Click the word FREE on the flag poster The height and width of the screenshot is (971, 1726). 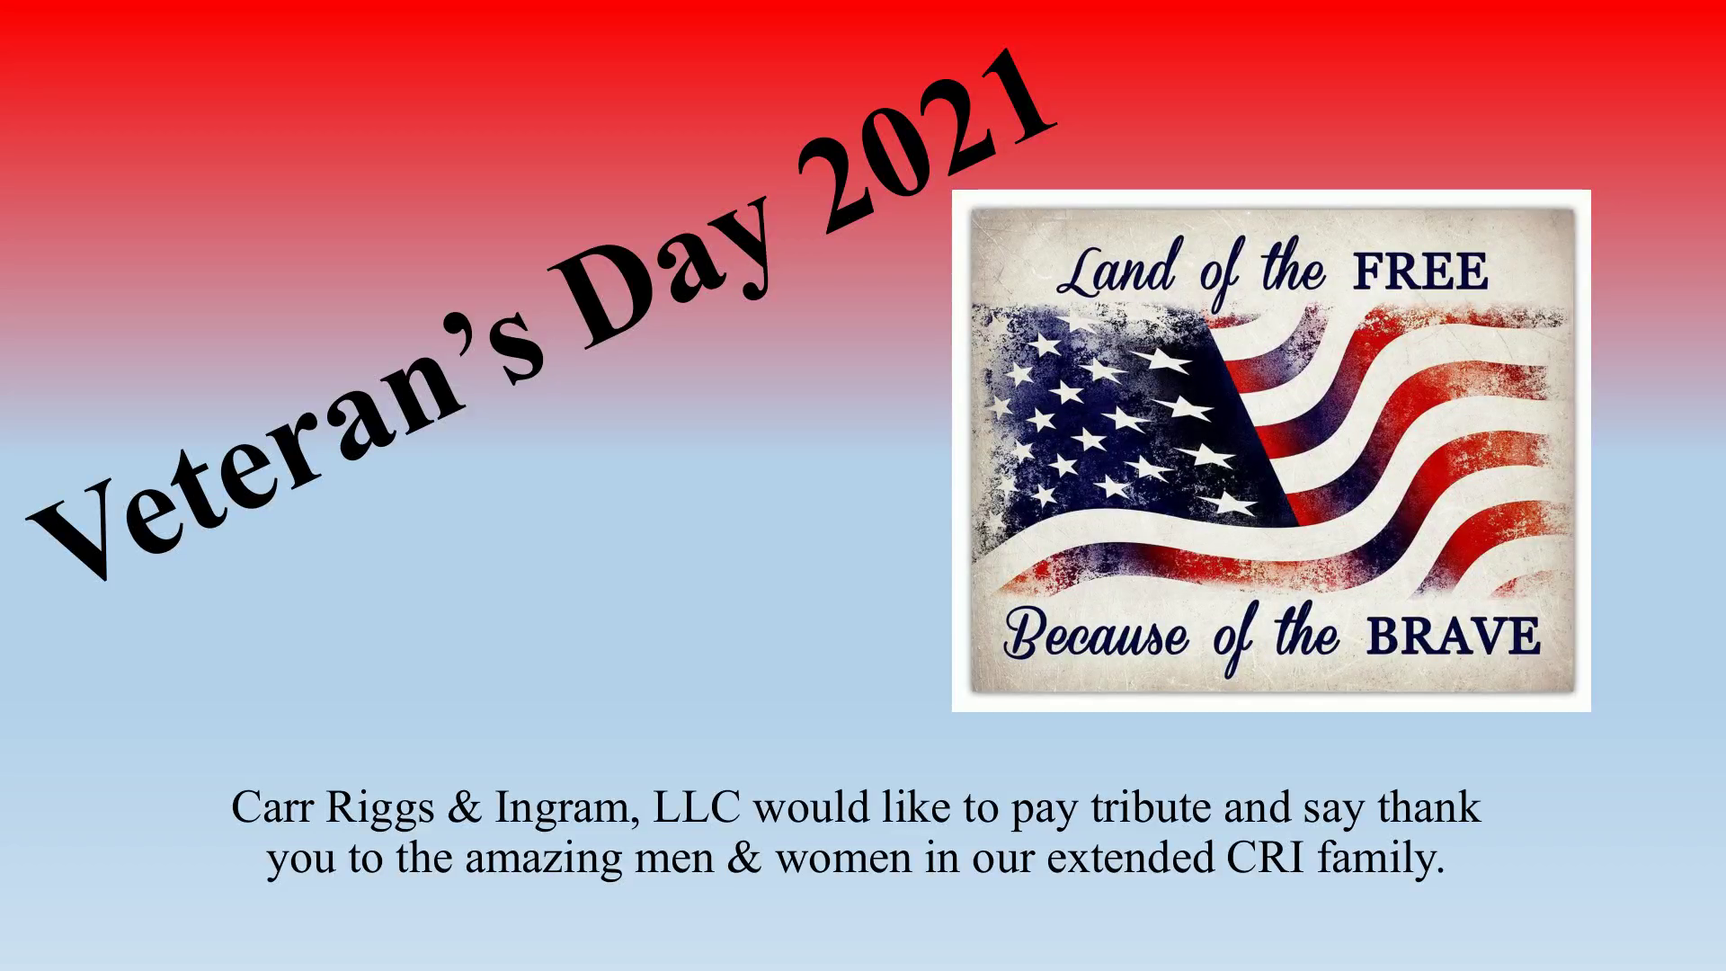1420,272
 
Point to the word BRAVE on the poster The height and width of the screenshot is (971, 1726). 1454,637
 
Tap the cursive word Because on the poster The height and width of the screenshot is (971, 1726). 1096,635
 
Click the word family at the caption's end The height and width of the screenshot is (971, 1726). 1381,860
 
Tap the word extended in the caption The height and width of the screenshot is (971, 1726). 1131,858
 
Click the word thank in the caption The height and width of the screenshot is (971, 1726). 1428,806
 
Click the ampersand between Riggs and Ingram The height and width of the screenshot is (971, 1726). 464,807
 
